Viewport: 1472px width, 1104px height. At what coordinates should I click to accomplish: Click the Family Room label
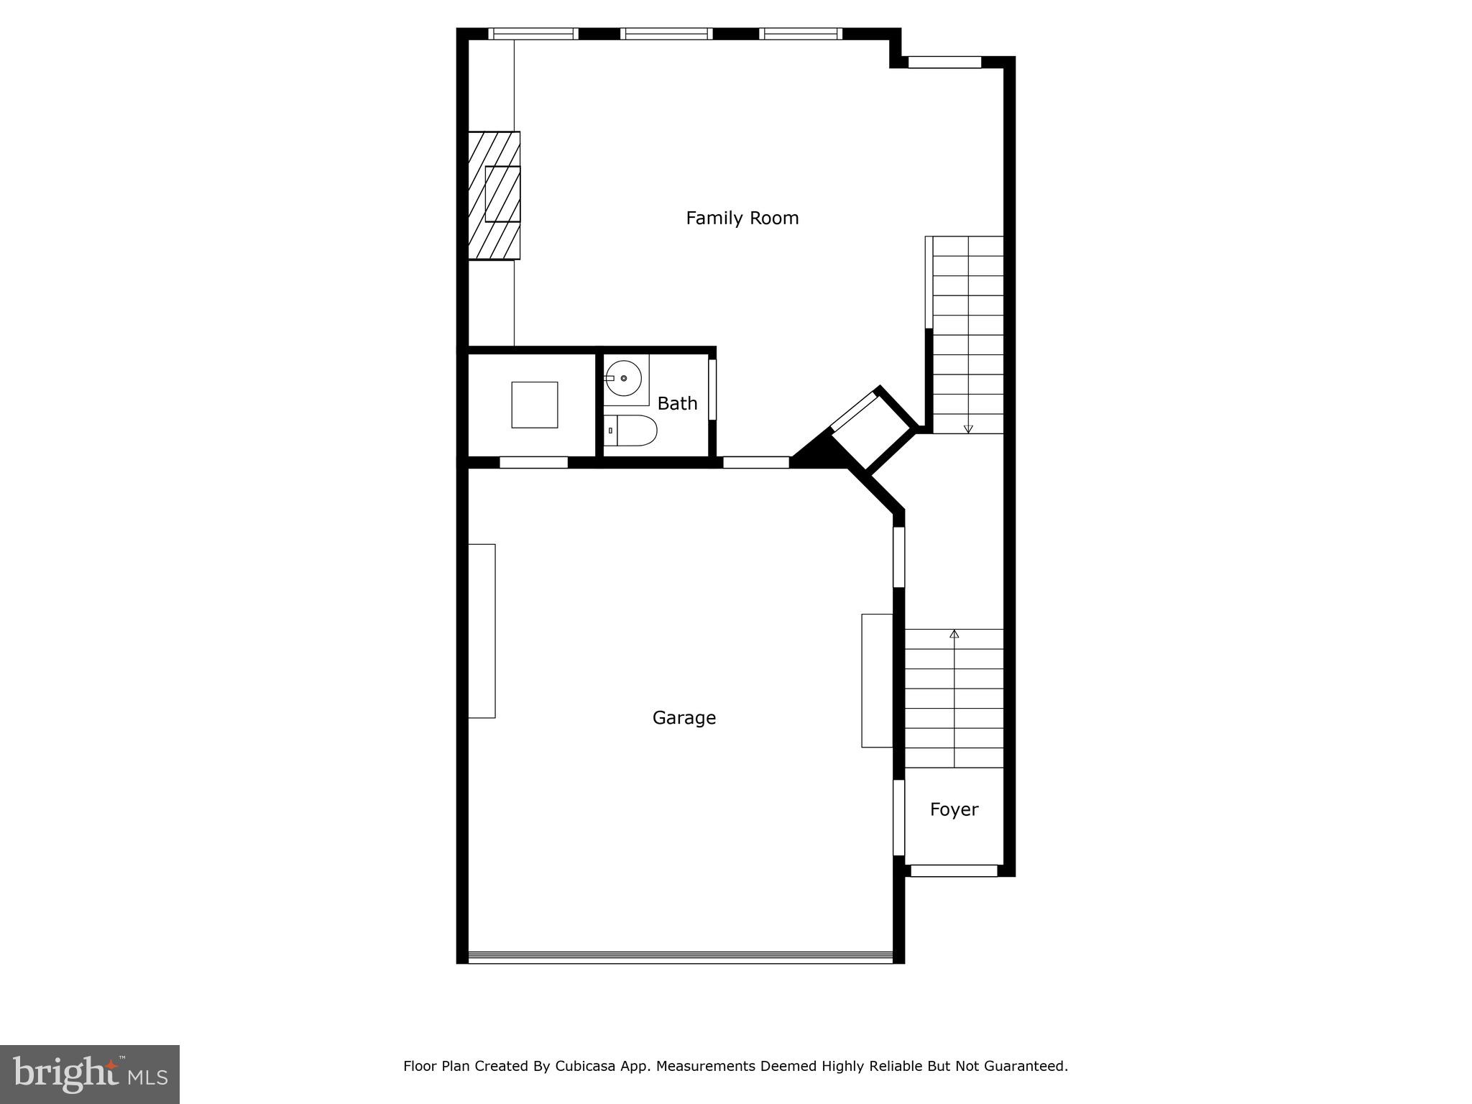pos(742,218)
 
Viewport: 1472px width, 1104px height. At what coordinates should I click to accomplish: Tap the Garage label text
pos(684,717)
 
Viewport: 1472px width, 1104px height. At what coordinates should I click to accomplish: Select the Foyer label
pos(954,809)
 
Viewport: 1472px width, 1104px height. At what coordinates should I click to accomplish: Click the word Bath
pos(677,403)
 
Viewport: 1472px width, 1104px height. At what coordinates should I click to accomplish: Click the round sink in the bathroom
pos(622,377)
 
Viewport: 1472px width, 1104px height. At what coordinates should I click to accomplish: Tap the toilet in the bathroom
pos(630,431)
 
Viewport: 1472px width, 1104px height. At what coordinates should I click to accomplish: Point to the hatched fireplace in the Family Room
pos(494,195)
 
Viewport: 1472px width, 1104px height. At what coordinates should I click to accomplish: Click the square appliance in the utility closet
pos(534,405)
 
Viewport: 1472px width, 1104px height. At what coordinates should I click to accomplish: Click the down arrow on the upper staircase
pos(968,428)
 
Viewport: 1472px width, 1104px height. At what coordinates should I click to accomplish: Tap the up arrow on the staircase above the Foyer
pos(954,634)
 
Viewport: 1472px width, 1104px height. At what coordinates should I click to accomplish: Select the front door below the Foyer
pos(954,870)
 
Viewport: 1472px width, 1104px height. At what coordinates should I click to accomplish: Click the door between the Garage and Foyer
pos(898,817)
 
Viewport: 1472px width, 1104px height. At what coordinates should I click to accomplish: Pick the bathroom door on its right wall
pos(712,389)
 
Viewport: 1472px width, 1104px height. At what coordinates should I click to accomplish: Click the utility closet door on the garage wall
pos(533,462)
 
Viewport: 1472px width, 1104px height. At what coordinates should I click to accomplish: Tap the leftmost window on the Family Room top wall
pos(533,34)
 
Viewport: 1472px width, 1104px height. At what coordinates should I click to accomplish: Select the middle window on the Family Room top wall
pos(666,34)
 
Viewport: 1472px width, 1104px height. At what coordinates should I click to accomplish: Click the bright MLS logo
pos(90,1074)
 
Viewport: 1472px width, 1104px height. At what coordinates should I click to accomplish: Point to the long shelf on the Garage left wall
pos(482,630)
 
